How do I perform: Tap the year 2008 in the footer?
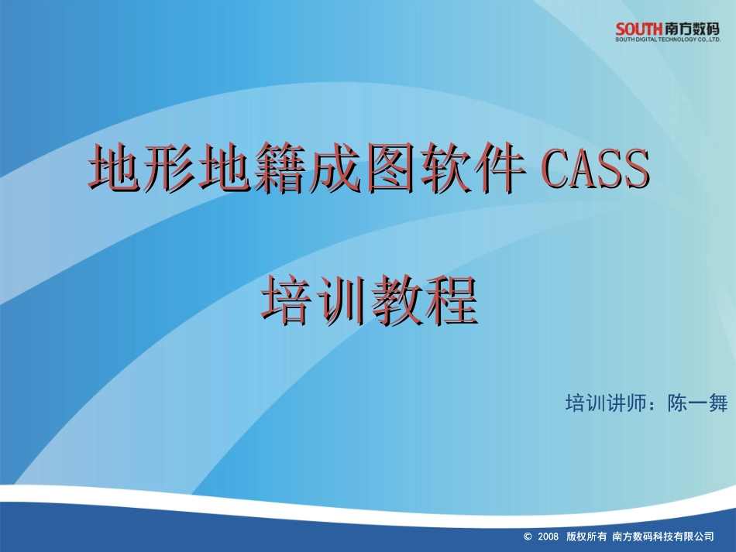click(548, 536)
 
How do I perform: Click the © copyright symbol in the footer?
click(528, 536)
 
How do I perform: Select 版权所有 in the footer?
click(586, 536)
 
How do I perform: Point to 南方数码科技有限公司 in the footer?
click(662, 536)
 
